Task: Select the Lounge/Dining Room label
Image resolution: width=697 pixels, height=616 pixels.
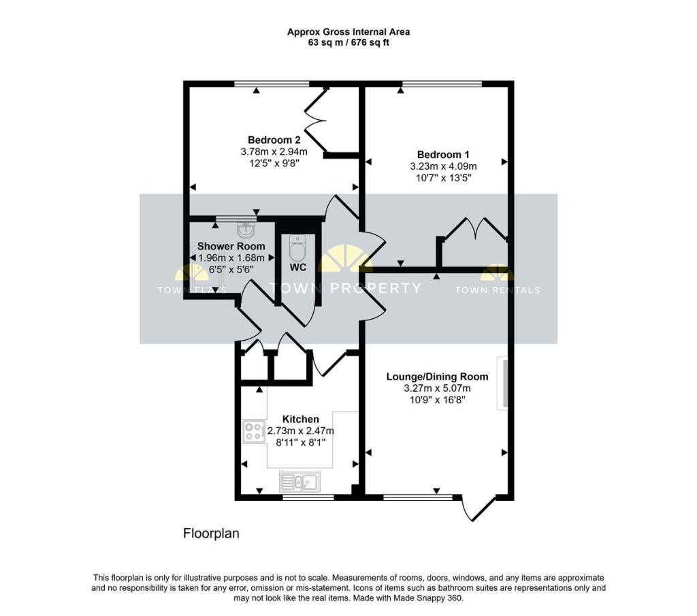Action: point(437,376)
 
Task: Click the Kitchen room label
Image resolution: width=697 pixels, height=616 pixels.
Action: point(301,419)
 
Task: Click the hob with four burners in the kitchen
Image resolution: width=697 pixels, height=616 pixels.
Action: point(255,431)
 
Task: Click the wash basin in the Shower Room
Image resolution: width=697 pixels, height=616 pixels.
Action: point(246,229)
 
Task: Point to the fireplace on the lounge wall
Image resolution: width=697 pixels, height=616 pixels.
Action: point(503,383)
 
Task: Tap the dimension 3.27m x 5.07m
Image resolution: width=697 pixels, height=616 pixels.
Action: point(437,389)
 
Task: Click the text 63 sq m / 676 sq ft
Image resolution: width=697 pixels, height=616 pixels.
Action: point(348,42)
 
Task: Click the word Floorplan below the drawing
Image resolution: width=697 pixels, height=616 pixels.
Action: point(211,534)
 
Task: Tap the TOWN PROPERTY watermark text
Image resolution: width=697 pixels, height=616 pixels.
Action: point(346,288)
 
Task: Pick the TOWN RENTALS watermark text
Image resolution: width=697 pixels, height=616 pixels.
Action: point(497,290)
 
